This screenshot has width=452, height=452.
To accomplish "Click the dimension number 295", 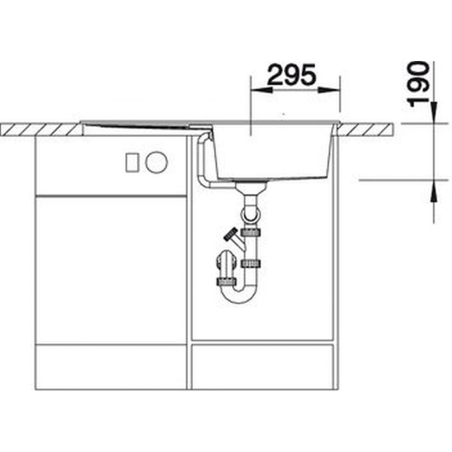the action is pyautogui.click(x=292, y=75).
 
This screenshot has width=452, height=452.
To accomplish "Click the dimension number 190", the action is pyautogui.click(x=418, y=84).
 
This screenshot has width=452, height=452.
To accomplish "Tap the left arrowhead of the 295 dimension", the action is pyautogui.click(x=262, y=90).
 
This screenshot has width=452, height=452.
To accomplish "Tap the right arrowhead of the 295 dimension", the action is pyautogui.click(x=329, y=90).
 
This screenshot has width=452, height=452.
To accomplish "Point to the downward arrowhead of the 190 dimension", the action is pyautogui.click(x=433, y=112).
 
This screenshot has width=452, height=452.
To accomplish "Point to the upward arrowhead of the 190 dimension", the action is pyautogui.click(x=433, y=191).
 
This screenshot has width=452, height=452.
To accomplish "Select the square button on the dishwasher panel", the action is pyautogui.click(x=132, y=163).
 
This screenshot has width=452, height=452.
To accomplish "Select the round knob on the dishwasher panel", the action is pyautogui.click(x=157, y=162).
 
